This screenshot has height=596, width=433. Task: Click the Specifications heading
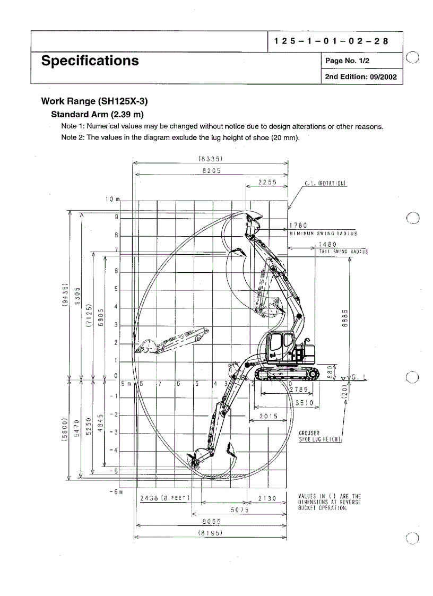pos(90,61)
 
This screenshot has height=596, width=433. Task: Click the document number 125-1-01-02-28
pos(331,41)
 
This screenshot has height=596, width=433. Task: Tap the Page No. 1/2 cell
pos(347,61)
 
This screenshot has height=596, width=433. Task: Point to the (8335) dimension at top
pos(210,158)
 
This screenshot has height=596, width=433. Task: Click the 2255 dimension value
pos(267,182)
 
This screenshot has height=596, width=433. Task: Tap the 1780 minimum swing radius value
pos(298,226)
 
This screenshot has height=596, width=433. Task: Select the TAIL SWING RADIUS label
pos(343,251)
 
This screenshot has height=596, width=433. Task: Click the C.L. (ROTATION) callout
pos(325,184)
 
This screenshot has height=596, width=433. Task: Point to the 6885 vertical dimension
pos(345,319)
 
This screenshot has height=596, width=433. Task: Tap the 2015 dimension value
pos(269,416)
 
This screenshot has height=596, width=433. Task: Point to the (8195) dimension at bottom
pos(210,532)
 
